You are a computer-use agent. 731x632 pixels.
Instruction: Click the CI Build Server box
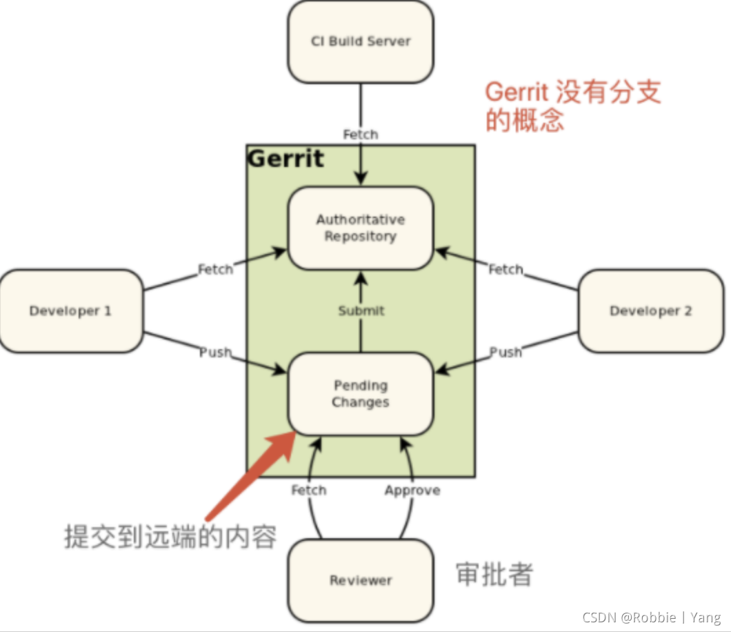(x=361, y=41)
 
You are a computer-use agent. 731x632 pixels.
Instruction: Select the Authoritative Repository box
(x=361, y=228)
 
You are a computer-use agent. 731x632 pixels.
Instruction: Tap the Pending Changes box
(x=361, y=394)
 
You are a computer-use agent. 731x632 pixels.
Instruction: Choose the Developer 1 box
(x=70, y=311)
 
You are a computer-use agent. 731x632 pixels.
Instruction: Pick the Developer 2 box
(x=650, y=311)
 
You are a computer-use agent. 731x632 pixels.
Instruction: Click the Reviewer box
(x=361, y=580)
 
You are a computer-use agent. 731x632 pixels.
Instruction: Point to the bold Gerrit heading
(x=286, y=159)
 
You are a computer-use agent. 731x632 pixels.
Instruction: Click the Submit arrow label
(x=361, y=311)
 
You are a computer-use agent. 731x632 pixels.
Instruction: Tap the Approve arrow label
(x=412, y=491)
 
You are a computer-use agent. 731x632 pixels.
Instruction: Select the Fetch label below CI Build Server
(x=361, y=135)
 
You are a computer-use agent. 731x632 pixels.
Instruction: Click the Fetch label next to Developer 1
(x=215, y=269)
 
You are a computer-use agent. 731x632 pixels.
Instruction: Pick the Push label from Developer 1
(x=215, y=353)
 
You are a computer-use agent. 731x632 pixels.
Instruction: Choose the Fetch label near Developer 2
(x=506, y=269)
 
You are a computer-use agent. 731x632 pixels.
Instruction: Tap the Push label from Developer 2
(x=506, y=353)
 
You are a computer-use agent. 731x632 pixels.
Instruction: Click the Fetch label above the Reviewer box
(x=308, y=491)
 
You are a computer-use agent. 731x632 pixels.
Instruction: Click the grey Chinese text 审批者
(x=494, y=574)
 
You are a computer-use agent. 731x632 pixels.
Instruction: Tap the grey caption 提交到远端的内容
(x=170, y=536)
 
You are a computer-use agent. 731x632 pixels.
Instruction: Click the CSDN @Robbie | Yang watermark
(x=652, y=618)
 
